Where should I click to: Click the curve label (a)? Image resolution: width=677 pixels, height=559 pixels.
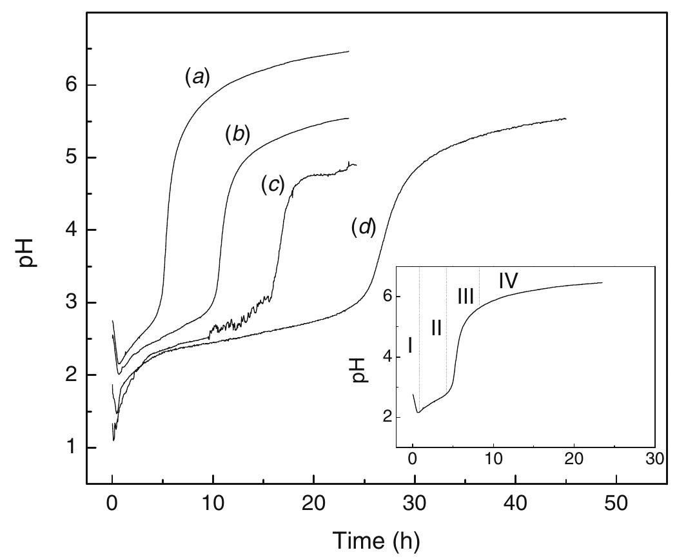(195, 79)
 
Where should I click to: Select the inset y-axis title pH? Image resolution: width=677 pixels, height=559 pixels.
(362, 369)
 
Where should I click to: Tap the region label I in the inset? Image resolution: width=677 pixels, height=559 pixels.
(410, 346)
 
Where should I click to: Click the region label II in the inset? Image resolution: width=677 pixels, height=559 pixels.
(436, 328)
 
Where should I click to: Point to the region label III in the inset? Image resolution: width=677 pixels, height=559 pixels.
(466, 297)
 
